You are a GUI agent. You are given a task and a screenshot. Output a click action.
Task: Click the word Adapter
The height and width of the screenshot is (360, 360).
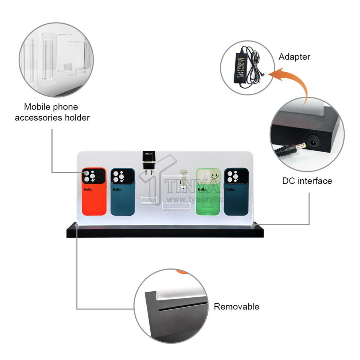point(294,57)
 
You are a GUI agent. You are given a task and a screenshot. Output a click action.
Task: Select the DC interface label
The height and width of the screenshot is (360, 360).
point(307,181)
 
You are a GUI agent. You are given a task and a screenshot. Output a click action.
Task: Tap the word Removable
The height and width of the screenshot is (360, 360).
point(236,307)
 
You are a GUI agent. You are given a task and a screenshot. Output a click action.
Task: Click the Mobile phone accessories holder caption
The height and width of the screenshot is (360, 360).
point(52,112)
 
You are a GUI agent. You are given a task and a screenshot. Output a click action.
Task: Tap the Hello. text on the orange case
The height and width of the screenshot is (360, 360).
point(88,189)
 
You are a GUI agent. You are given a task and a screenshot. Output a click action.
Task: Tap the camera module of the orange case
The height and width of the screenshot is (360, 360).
point(93,176)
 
